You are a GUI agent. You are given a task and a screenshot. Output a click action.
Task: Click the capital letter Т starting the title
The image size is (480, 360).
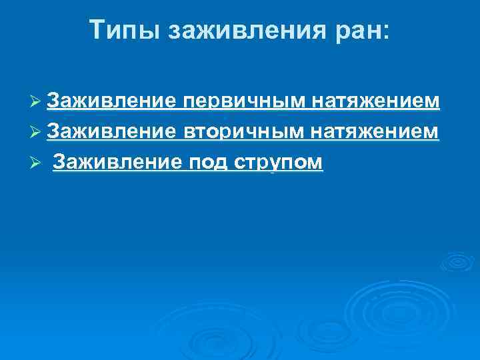tap(97, 31)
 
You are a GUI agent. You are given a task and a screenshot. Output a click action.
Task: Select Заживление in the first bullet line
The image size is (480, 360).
tap(111, 101)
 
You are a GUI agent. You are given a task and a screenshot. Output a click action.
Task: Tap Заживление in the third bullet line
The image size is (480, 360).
tap(116, 163)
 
